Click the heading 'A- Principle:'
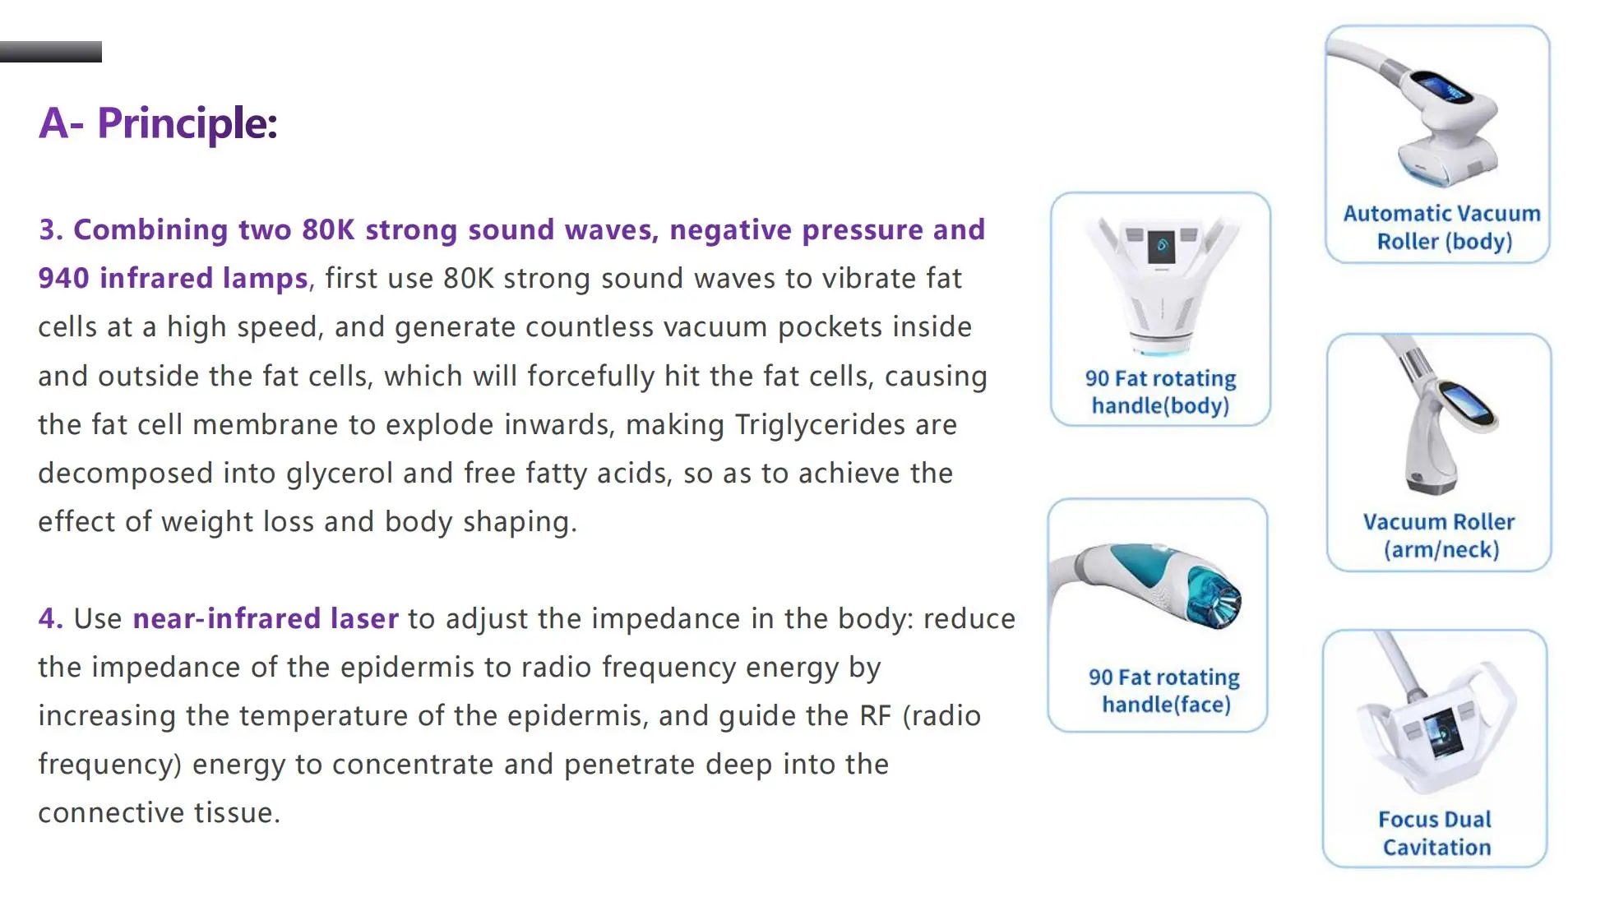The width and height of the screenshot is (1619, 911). (158, 123)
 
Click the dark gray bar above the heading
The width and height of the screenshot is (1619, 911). (51, 52)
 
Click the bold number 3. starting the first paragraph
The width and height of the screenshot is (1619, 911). (51, 229)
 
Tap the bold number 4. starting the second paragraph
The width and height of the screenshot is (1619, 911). (51, 618)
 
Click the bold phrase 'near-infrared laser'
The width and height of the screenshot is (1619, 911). (266, 618)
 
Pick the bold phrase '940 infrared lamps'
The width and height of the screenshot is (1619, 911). (173, 278)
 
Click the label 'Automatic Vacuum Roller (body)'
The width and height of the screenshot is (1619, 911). (1443, 227)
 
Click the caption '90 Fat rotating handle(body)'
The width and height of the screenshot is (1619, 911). (1160, 391)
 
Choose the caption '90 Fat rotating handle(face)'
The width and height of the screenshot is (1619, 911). (1164, 690)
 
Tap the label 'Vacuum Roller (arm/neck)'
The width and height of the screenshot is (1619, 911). (1440, 535)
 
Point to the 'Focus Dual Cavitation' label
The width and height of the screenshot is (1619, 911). (1436, 833)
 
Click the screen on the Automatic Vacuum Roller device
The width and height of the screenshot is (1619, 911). (1444, 87)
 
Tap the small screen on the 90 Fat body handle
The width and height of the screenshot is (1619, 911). (1161, 246)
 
